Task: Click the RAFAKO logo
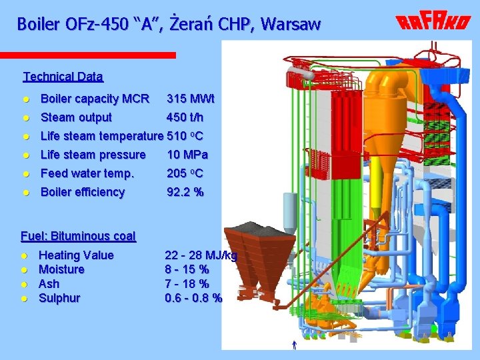click(x=433, y=23)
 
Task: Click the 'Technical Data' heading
click(x=63, y=77)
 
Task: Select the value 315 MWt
click(x=191, y=99)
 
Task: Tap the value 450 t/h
click(x=185, y=118)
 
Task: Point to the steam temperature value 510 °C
click(x=185, y=137)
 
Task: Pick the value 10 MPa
click(x=187, y=155)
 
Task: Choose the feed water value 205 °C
click(x=185, y=174)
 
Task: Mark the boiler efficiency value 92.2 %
click(x=185, y=193)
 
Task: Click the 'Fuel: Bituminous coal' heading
click(x=79, y=236)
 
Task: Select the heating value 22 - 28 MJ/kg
click(x=200, y=255)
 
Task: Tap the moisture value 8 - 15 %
click(x=187, y=269)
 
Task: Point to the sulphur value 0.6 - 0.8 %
click(x=193, y=298)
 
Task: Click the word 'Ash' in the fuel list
click(x=49, y=284)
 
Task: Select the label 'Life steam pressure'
click(x=93, y=155)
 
